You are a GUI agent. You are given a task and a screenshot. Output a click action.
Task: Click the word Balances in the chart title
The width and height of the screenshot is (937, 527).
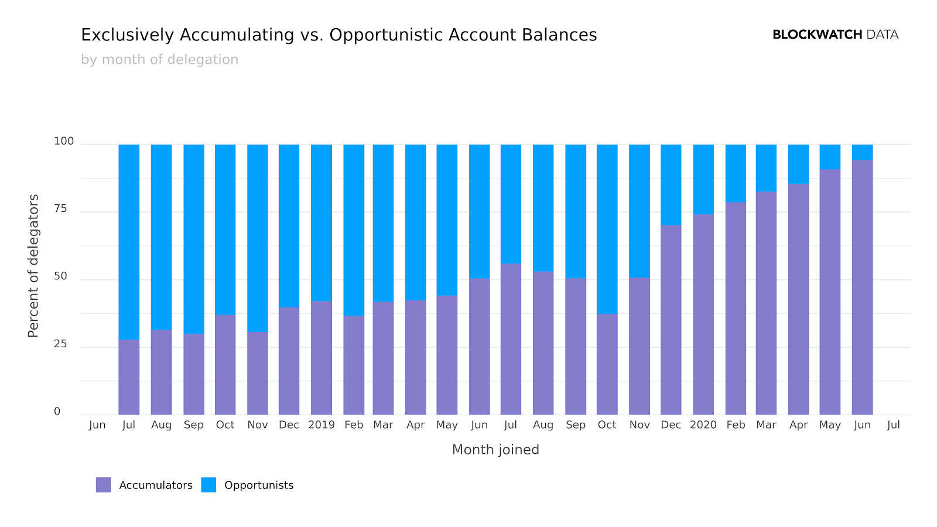(x=558, y=35)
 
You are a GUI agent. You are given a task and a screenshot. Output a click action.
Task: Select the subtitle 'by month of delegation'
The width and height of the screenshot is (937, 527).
(x=159, y=60)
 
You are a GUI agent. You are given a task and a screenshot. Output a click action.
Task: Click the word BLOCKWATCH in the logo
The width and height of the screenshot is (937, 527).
(x=817, y=35)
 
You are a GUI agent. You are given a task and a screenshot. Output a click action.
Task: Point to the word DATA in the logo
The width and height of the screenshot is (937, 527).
(x=882, y=35)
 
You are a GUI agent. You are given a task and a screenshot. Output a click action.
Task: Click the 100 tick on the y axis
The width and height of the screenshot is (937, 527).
(x=64, y=141)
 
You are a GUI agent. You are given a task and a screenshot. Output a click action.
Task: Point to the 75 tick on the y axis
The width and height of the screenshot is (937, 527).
(x=60, y=209)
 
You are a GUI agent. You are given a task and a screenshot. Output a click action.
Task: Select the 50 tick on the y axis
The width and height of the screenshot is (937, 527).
(x=60, y=276)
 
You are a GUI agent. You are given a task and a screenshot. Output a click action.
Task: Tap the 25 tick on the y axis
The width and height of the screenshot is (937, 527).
(x=60, y=344)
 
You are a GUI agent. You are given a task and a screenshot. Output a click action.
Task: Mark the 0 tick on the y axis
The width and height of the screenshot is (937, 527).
(x=57, y=412)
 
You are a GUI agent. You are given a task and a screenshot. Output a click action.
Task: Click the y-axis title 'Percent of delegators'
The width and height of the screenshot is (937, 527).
(x=33, y=266)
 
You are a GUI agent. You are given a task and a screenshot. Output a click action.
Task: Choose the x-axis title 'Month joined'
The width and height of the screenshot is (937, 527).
(x=495, y=450)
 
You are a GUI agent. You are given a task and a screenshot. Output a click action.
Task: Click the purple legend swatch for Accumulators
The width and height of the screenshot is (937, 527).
(x=103, y=485)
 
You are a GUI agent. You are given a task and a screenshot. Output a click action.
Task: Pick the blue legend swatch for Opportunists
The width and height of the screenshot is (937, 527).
(x=208, y=485)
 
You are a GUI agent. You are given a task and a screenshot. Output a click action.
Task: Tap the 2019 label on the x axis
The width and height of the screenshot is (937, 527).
(x=322, y=425)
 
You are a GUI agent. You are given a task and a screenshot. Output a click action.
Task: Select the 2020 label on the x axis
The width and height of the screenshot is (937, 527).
(x=703, y=425)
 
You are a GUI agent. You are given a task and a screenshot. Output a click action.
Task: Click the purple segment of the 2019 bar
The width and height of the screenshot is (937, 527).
(x=322, y=357)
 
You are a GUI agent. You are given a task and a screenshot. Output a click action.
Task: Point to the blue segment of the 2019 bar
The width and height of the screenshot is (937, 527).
(x=322, y=223)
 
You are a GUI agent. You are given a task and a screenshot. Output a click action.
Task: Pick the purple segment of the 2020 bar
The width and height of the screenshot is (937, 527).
(x=703, y=314)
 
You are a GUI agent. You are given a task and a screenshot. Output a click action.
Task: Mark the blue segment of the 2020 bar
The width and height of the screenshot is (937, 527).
(x=703, y=179)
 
